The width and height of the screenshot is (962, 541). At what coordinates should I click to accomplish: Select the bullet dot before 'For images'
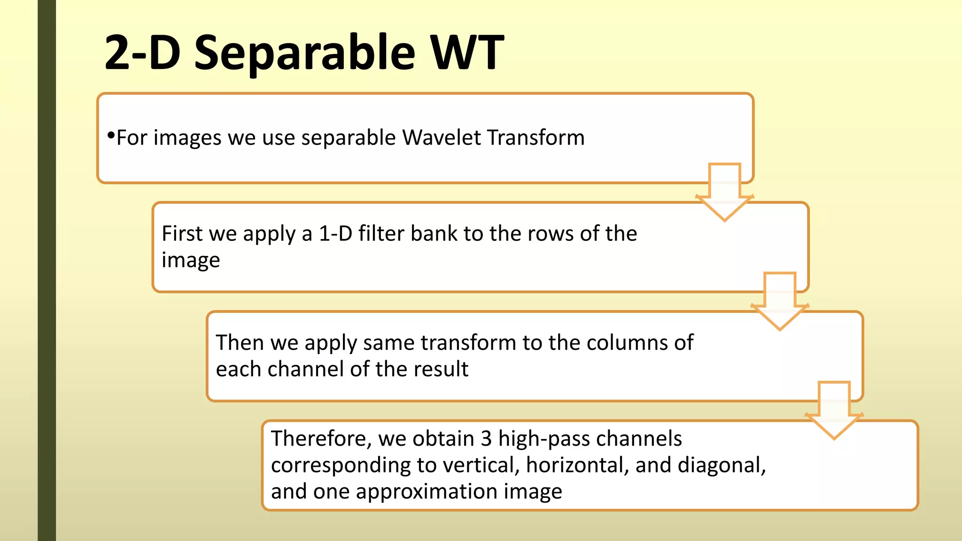pos(111,136)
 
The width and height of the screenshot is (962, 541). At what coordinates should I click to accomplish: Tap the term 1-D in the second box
pos(335,233)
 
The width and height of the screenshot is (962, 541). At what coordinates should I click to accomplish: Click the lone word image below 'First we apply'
pos(191,260)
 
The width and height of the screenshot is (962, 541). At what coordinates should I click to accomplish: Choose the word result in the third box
pos(441,369)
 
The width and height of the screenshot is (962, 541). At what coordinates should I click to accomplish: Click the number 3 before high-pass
pos(486,439)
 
